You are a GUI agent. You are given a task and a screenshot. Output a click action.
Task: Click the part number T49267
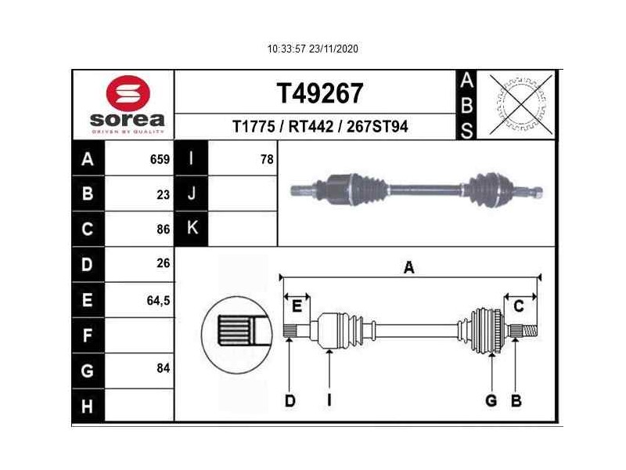[319, 93]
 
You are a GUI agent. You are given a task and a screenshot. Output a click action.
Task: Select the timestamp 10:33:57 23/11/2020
[312, 49]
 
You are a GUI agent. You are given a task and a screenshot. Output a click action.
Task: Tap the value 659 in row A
[160, 160]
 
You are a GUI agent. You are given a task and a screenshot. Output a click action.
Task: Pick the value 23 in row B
[163, 195]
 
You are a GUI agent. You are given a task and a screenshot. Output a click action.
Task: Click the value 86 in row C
[163, 230]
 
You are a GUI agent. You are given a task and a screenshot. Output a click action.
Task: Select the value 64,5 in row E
[158, 299]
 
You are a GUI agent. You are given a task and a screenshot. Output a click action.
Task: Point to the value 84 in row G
[163, 368]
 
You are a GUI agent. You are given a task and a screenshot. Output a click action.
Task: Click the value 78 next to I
[267, 159]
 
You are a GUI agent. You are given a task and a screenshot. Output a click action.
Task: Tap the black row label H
[87, 406]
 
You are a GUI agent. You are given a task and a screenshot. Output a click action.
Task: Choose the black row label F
[87, 336]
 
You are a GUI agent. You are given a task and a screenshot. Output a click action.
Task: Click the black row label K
[191, 229]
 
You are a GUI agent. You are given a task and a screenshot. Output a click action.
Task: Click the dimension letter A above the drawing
[408, 268]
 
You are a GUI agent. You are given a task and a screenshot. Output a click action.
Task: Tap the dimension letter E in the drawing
[297, 306]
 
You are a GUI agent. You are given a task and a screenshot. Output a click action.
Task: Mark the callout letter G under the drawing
[491, 400]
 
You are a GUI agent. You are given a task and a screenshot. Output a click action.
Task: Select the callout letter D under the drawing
[290, 400]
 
